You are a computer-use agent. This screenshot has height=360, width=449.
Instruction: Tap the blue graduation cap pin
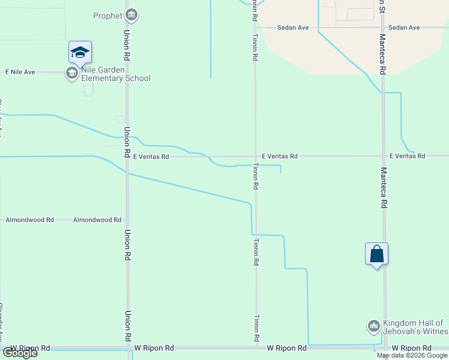click(x=80, y=53)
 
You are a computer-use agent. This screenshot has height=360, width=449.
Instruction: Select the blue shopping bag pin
click(x=376, y=254)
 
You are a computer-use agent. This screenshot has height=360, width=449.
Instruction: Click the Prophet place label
click(x=108, y=15)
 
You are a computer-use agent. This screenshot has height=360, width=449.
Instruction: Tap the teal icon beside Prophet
click(x=132, y=15)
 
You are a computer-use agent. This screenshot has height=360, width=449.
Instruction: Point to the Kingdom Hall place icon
click(x=373, y=326)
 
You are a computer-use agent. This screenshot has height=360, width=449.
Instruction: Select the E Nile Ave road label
click(x=20, y=72)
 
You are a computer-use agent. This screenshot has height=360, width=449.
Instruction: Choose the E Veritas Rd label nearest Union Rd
click(x=151, y=156)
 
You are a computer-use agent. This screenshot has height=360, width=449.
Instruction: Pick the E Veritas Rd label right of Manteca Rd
click(x=407, y=156)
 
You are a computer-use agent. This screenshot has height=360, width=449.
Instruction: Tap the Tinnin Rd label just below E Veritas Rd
click(x=256, y=176)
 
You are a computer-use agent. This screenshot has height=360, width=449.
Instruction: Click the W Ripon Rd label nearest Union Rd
click(x=154, y=348)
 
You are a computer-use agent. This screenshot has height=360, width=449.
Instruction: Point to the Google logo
click(x=20, y=353)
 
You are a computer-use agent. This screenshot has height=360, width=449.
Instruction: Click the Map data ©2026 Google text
click(x=412, y=355)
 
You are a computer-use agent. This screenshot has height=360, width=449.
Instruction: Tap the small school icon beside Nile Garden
click(x=71, y=74)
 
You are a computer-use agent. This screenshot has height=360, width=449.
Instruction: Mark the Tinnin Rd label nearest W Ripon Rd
click(x=256, y=329)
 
